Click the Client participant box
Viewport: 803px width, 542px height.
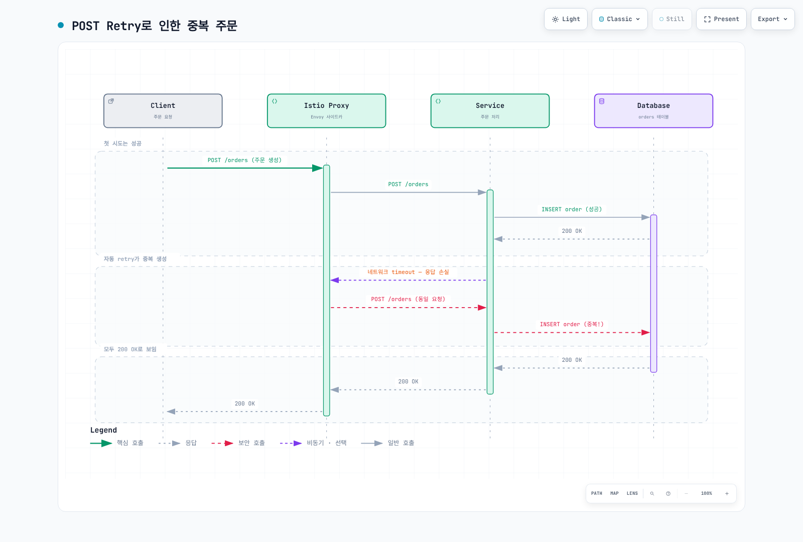[163, 111]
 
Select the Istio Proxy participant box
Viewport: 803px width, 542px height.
[326, 111]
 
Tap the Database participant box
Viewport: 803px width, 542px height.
[653, 111]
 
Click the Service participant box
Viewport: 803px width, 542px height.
[490, 111]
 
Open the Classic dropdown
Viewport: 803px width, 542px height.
[619, 19]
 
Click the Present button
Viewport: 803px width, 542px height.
[721, 19]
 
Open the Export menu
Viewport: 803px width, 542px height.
[772, 19]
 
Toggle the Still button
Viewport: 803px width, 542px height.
[672, 19]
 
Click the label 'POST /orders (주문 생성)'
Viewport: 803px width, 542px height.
[244, 160]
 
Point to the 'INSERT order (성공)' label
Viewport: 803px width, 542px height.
[572, 209]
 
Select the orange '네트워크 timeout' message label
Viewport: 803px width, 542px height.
[408, 272]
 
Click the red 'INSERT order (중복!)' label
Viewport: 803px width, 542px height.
[572, 324]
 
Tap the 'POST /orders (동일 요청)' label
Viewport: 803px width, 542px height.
[408, 299]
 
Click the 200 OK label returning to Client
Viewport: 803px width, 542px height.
[244, 403]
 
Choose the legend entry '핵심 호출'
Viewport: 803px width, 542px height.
[117, 443]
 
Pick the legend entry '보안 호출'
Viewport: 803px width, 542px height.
[238, 443]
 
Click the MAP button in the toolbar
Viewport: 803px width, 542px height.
[614, 494]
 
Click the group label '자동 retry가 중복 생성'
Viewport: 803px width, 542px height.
[135, 259]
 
